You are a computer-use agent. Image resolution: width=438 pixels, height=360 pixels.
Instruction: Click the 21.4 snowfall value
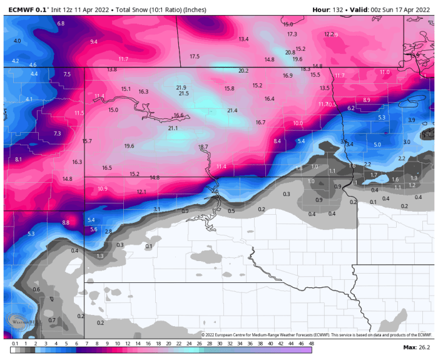[x=232, y=111]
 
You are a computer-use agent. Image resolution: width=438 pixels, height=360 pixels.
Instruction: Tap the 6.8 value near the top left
[x=61, y=24]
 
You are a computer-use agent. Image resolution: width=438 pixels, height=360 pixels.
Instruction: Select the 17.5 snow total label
[x=195, y=57]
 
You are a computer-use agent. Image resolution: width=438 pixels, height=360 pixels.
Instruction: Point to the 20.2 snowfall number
[x=243, y=71]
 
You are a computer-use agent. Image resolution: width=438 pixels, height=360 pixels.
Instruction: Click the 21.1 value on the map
[x=173, y=128]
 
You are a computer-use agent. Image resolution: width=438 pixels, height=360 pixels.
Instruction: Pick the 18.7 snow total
[x=203, y=147]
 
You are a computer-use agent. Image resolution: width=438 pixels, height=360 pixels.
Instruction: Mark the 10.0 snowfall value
[x=298, y=124]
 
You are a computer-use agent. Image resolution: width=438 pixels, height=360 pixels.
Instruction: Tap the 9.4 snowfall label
[x=94, y=42]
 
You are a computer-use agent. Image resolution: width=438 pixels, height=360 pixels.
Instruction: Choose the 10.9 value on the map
[x=103, y=188]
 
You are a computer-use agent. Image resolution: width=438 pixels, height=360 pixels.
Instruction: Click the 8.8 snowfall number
[x=66, y=223]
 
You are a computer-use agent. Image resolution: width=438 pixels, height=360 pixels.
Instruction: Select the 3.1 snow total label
[x=157, y=209]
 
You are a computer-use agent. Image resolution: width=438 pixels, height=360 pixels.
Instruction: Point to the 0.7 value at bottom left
[x=52, y=320]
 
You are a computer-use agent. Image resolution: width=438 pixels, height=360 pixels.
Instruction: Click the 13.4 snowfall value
[x=244, y=39]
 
